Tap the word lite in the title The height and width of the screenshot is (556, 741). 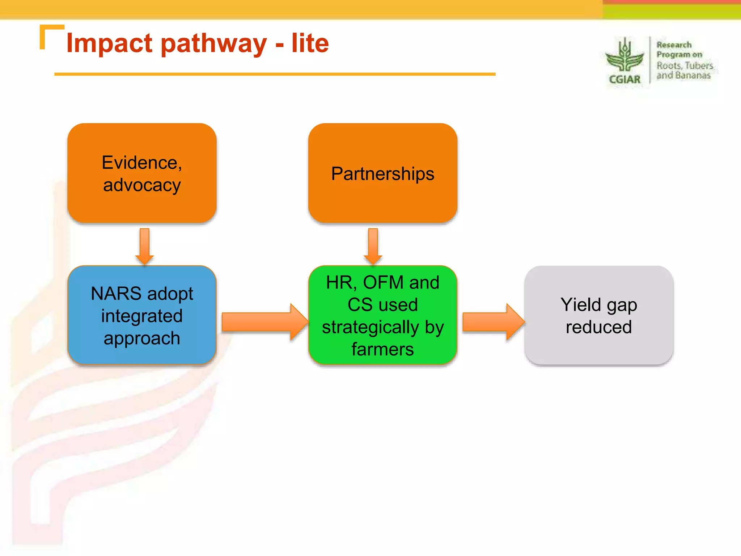tap(310, 43)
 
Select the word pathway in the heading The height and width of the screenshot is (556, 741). tap(213, 44)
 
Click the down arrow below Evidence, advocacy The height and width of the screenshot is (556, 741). tap(144, 246)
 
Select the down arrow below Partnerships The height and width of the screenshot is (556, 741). tap(373, 246)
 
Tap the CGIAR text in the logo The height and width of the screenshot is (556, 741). tap(624, 79)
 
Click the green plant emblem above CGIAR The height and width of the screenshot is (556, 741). tap(624, 56)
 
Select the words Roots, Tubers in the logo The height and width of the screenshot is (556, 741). tap(685, 66)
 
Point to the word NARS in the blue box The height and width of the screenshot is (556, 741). tap(116, 293)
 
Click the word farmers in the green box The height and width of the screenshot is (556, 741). tap(382, 349)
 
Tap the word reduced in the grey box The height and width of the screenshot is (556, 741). tap(599, 327)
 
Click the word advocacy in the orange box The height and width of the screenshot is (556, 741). tap(142, 185)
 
